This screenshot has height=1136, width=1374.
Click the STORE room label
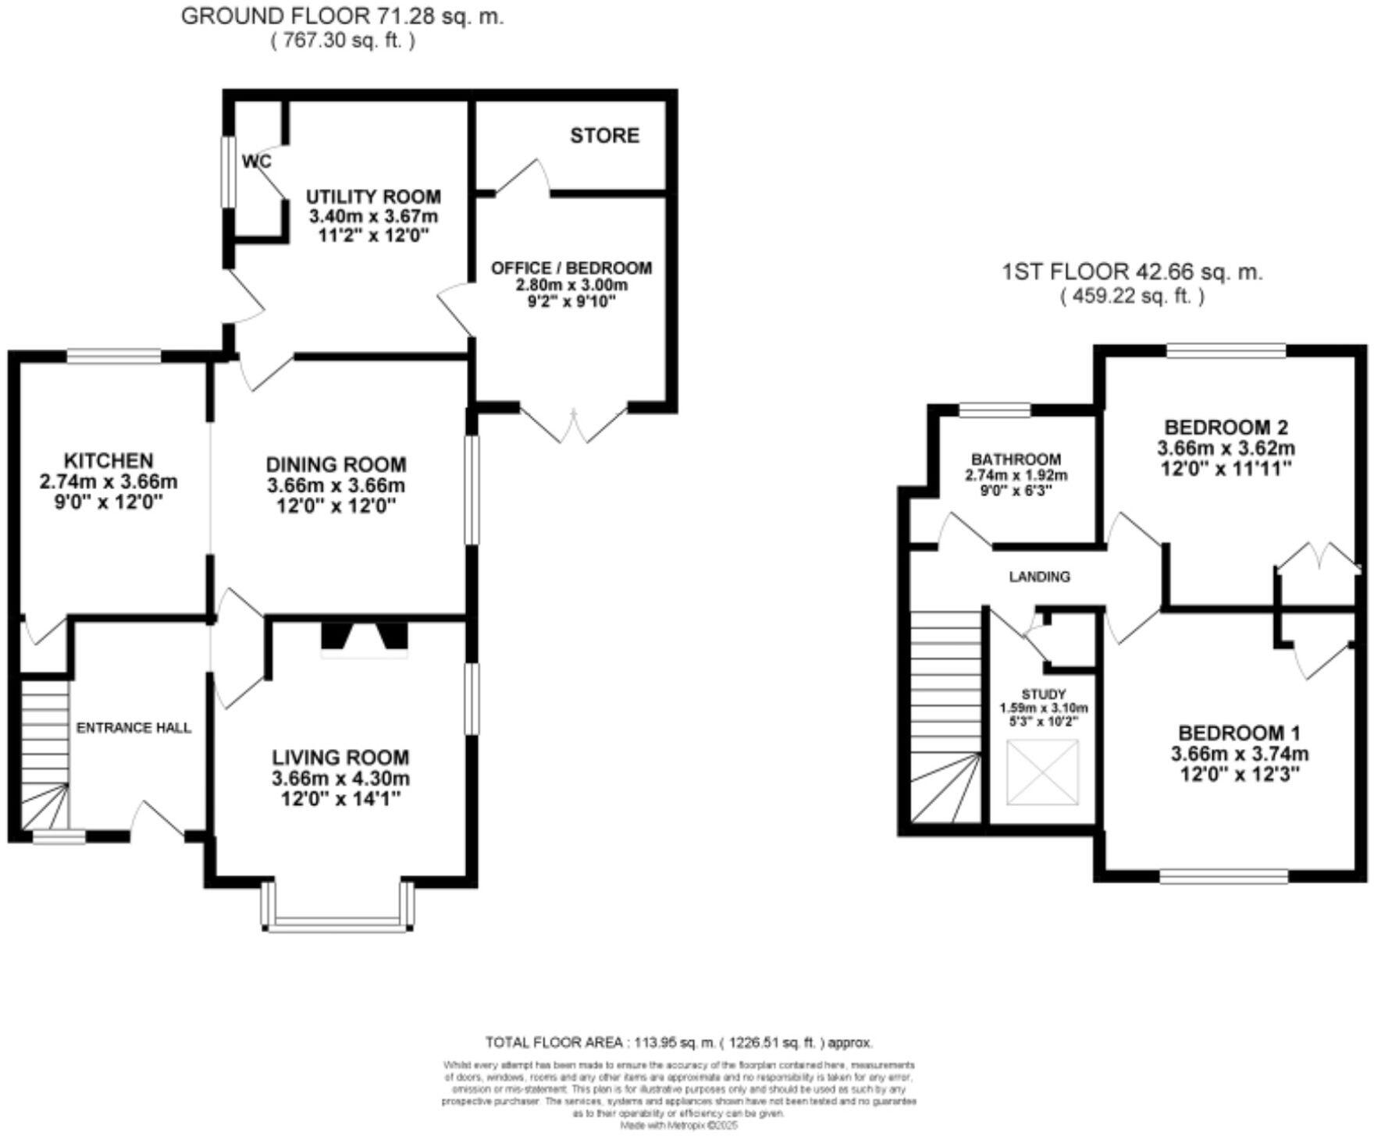[604, 136]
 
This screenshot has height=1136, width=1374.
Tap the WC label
[256, 162]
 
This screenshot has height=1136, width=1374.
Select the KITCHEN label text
[109, 460]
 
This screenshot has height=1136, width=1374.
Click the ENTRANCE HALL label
[133, 728]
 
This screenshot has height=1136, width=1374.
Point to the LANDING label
[1039, 577]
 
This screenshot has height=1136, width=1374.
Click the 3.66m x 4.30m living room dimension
[340, 778]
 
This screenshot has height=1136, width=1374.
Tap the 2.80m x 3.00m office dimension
[571, 285]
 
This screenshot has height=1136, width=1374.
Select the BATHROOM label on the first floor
[1016, 460]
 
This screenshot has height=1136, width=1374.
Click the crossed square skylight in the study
[1042, 772]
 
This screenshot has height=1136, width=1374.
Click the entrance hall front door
[158, 821]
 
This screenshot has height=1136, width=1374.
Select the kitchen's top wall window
[114, 357]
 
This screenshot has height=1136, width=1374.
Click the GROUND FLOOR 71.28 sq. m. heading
[342, 16]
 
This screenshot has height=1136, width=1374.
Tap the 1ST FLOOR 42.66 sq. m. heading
[1132, 272]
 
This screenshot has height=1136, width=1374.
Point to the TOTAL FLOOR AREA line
[678, 1042]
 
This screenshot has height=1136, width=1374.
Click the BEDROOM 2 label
[1226, 428]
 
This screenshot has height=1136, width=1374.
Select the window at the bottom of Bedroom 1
[1223, 877]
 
